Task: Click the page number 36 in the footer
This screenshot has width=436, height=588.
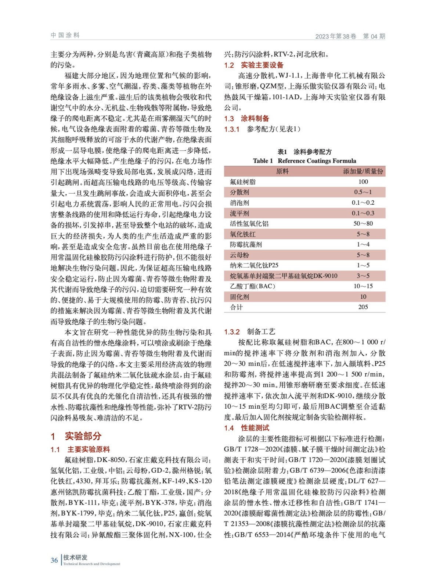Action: click(54, 560)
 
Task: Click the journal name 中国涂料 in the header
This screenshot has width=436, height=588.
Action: click(65, 35)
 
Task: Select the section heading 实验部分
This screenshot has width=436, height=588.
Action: click(83, 436)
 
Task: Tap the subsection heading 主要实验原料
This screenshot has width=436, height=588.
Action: click(89, 449)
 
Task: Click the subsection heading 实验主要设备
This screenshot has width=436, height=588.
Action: click(262, 65)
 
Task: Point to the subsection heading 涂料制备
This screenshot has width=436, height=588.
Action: click(255, 118)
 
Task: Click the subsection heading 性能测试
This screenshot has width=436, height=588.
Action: click(255, 428)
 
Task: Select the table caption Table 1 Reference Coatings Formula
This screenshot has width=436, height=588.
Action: click(305, 161)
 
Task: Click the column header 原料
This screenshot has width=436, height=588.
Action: click(282, 171)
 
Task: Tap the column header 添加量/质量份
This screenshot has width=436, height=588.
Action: click(363, 171)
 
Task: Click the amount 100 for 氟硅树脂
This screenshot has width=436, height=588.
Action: click(363, 182)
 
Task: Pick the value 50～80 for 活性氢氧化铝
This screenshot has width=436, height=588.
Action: click(363, 223)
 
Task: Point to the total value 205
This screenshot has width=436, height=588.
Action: click(363, 307)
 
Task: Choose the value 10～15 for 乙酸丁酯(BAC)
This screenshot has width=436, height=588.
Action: click(363, 286)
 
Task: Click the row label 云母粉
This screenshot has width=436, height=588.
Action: click(239, 255)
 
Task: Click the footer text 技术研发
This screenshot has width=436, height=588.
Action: click(75, 557)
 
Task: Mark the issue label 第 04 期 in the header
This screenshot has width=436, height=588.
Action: click(374, 36)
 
